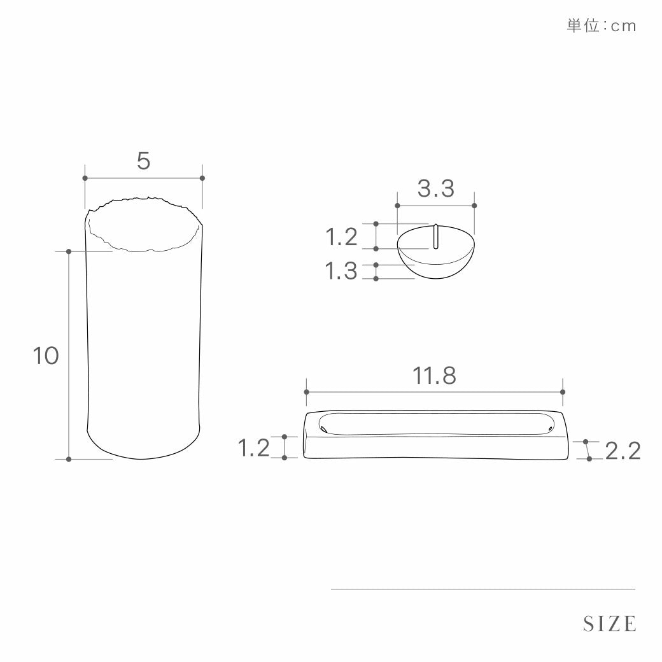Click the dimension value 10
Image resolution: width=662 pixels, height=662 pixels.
click(x=46, y=355)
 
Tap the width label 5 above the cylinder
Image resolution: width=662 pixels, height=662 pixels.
click(x=144, y=161)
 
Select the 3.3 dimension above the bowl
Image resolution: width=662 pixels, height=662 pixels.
click(x=436, y=188)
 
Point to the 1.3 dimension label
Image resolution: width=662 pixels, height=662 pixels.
click(x=341, y=271)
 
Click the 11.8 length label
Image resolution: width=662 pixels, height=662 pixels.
click(x=434, y=376)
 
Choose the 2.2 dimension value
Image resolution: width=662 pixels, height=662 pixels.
click(x=623, y=451)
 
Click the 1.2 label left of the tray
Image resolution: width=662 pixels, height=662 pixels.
click(x=254, y=447)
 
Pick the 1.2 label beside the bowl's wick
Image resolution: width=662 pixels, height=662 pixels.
click(x=341, y=236)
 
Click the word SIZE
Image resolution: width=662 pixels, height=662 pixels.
click(x=609, y=624)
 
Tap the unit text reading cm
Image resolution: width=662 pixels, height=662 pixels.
click(x=623, y=26)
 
